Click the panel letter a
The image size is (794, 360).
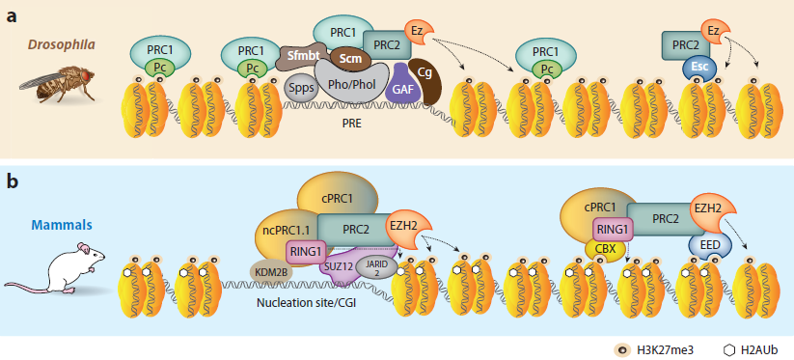(x=12, y=14)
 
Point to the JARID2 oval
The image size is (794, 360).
(x=375, y=266)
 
